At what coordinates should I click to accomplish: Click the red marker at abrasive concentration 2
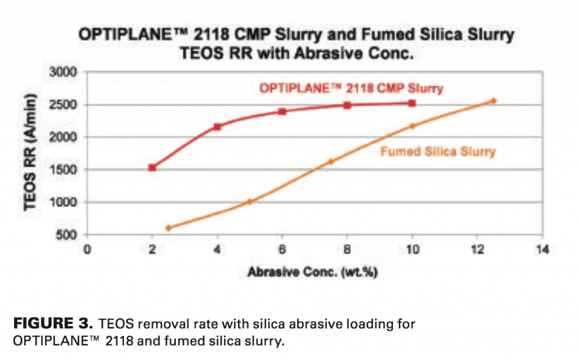(152, 167)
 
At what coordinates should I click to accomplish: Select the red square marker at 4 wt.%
(217, 127)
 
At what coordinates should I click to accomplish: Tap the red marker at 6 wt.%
(282, 111)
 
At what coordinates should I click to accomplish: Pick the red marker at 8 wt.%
(347, 105)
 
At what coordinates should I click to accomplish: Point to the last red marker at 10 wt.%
(412, 103)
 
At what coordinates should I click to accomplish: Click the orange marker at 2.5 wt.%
(168, 228)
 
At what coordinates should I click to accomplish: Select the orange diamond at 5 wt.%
(249, 202)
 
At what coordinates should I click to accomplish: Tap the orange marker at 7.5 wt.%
(331, 161)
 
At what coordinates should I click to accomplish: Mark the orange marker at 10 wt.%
(412, 126)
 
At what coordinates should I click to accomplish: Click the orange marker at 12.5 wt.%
(494, 101)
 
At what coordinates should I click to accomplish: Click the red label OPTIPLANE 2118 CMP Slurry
(351, 88)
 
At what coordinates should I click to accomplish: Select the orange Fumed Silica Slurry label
(438, 151)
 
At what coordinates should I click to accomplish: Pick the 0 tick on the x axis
(87, 250)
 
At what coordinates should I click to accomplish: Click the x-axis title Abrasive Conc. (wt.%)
(312, 272)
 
